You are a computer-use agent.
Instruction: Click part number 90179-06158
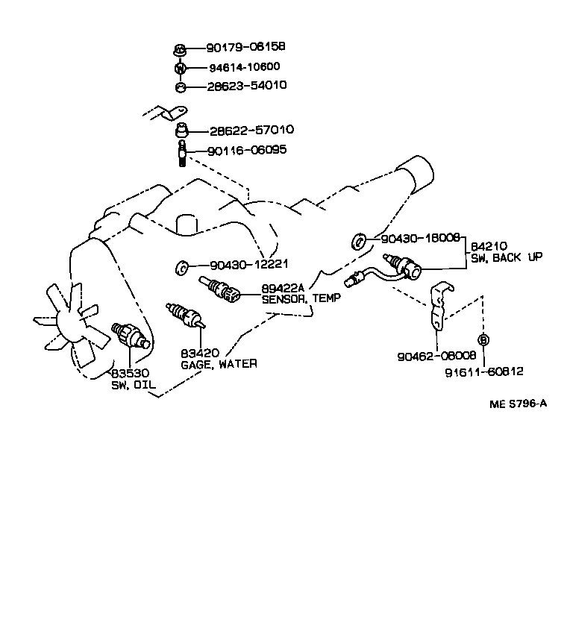[245, 47]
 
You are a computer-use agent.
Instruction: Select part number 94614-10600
[245, 66]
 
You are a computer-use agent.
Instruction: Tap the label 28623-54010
[245, 86]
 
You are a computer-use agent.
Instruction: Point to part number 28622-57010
[251, 131]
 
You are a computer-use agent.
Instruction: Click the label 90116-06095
[247, 150]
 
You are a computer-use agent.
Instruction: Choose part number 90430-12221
[248, 265]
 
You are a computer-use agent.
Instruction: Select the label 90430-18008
[420, 239]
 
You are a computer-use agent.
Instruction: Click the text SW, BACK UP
[507, 257]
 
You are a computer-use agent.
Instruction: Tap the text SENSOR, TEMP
[301, 298]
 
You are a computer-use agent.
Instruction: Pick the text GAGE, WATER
[219, 364]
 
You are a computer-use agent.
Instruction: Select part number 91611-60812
[485, 371]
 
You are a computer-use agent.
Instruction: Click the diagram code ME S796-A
[518, 404]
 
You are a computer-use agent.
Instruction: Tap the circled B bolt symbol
[483, 340]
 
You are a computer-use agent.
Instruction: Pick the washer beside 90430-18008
[359, 241]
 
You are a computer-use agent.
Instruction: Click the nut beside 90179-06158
[180, 51]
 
